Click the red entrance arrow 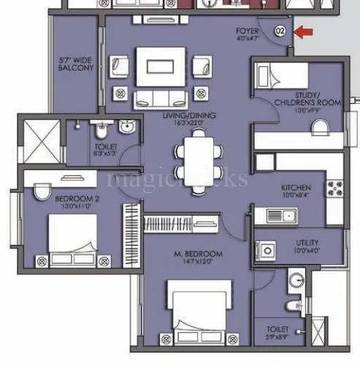(305, 31)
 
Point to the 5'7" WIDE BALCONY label (76, 63)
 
